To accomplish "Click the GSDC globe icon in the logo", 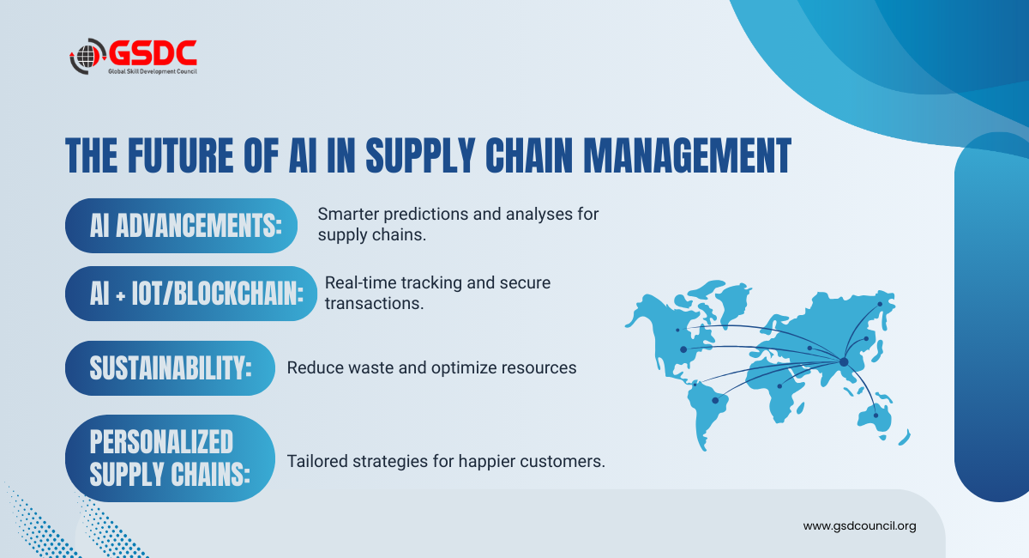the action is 87,56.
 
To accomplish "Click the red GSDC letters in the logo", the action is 153,52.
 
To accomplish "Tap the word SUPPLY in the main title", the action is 420,155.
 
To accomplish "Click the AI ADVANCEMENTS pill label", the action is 181,226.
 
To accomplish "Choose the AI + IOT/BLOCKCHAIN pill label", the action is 191,294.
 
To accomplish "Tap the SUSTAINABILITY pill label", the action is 170,368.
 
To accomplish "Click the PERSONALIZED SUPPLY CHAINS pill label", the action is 170,458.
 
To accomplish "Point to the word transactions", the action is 374,303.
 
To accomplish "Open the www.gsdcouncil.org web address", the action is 859,525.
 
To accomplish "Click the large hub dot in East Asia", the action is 844,362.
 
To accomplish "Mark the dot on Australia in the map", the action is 876,415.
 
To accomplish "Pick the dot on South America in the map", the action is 715,401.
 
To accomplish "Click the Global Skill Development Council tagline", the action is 153,71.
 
